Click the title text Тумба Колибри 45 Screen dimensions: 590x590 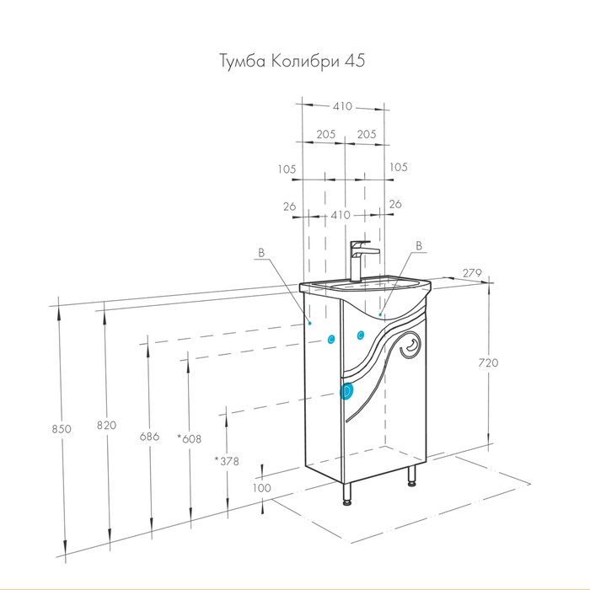tap(292, 61)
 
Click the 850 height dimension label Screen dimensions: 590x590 tap(62, 428)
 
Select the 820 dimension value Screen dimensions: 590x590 tap(106, 425)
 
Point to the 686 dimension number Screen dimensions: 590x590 tap(149, 437)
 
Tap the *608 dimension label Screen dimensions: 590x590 tap(190, 438)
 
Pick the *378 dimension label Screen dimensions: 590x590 tap(227, 461)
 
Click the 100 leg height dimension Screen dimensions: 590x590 tap(261, 488)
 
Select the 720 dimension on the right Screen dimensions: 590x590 tap(488, 362)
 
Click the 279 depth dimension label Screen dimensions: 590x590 tap(472, 273)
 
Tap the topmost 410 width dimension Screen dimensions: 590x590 tap(342, 106)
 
